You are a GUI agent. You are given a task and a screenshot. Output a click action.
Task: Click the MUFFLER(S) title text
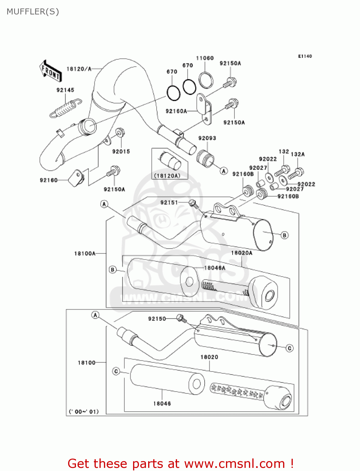point(33,12)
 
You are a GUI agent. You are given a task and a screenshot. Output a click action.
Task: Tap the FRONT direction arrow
point(50,71)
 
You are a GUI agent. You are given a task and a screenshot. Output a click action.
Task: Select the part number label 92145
point(65,90)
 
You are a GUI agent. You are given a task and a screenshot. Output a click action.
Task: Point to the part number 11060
point(205,58)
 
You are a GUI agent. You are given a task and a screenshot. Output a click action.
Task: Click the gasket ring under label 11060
point(206,80)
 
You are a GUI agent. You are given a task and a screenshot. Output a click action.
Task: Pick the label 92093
point(207,138)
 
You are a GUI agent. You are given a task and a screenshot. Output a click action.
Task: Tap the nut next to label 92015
point(120,133)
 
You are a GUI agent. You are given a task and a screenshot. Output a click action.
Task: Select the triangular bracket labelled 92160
point(76,178)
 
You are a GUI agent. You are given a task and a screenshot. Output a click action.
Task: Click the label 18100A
point(85,253)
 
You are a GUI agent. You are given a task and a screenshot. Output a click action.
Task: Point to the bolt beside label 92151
point(193,204)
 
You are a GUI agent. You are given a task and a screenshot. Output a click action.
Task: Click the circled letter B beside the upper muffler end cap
point(284,235)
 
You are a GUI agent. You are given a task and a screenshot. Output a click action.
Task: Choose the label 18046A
point(215,268)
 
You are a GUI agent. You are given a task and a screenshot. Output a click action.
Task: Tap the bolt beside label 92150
point(181,318)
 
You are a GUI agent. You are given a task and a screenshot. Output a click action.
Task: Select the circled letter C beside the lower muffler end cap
point(290,348)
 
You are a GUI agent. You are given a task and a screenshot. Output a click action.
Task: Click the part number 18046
point(162,403)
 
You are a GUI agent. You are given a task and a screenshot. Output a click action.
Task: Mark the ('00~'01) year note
point(84,411)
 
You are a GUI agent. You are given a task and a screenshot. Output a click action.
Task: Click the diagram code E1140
point(305,56)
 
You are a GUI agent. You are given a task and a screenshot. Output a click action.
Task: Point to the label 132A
point(298,154)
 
